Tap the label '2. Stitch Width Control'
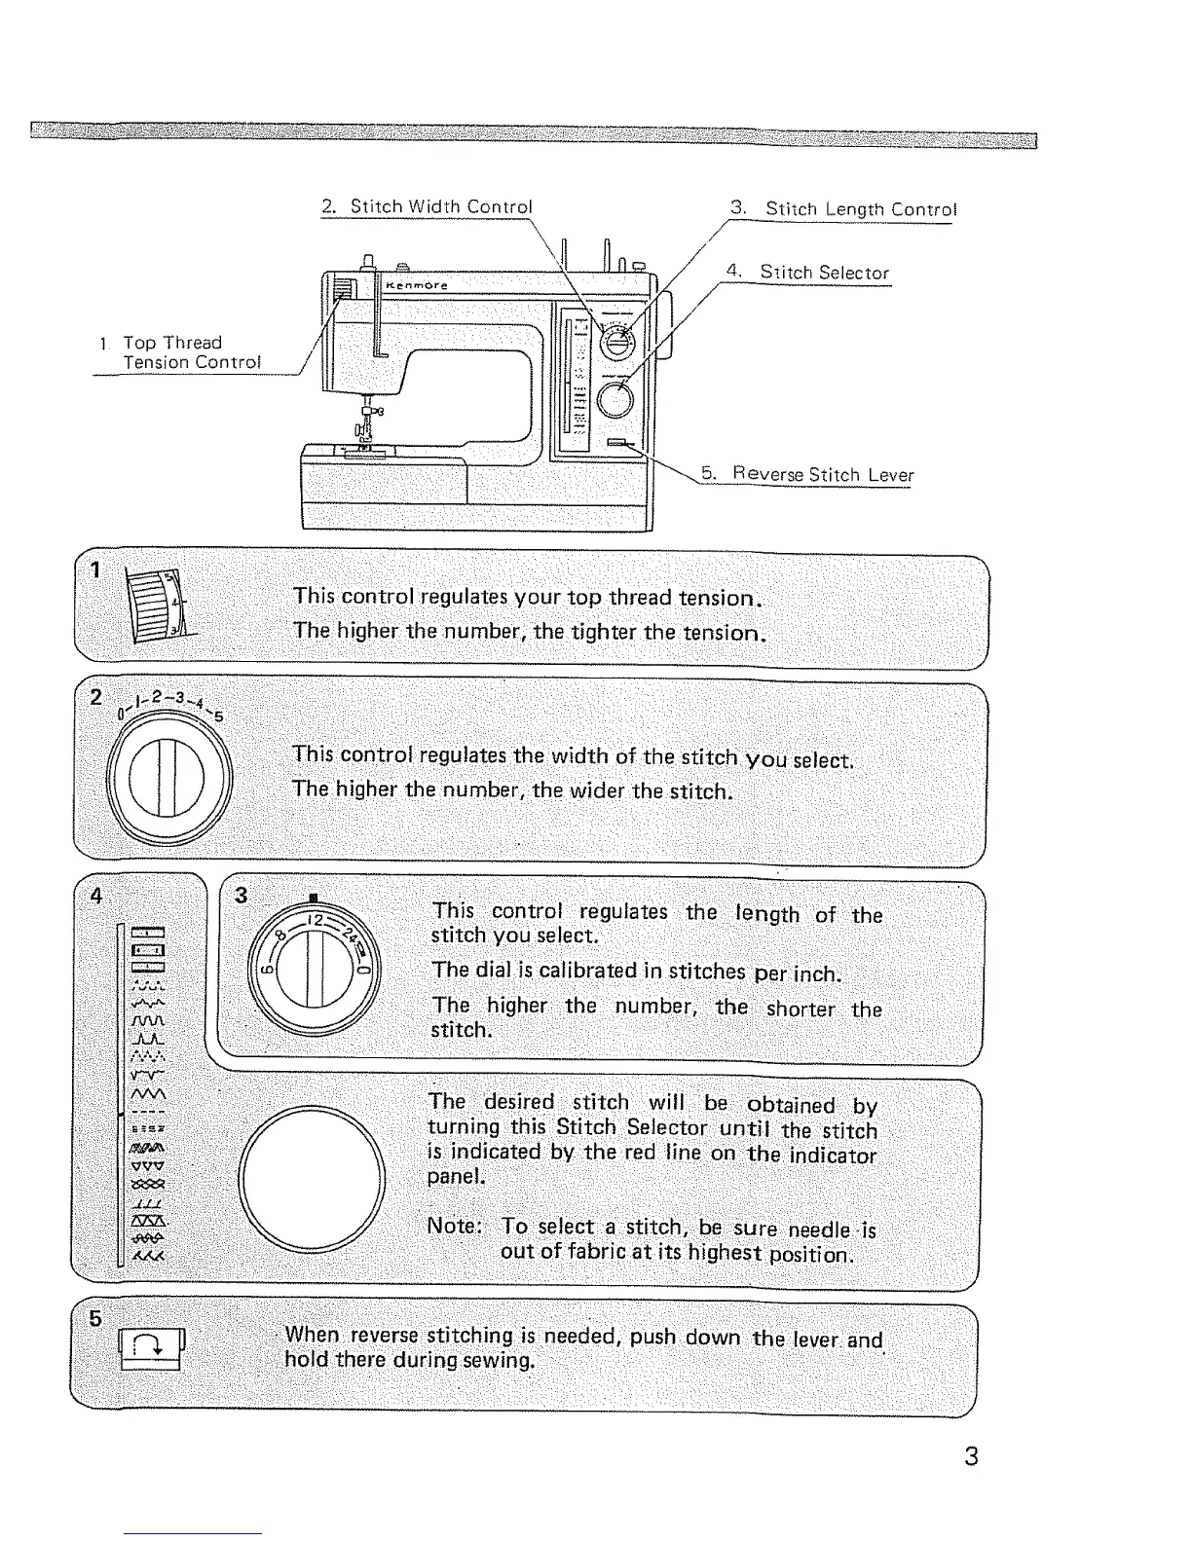click(428, 207)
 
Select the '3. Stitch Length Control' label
click(843, 209)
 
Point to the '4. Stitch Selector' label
click(808, 274)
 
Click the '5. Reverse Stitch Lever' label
click(807, 475)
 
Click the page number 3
click(970, 1456)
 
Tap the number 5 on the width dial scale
click(218, 716)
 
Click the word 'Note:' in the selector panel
click(454, 1226)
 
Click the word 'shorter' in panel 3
click(800, 1009)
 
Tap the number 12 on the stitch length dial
click(315, 920)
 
